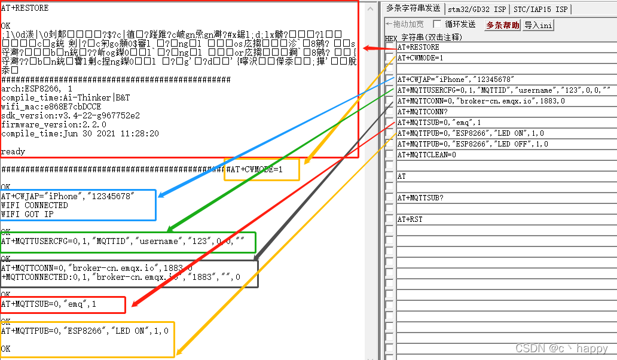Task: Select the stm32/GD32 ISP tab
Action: tap(477, 9)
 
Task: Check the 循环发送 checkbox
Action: tap(437, 25)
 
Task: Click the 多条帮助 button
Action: tap(502, 25)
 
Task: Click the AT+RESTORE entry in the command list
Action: tap(419, 47)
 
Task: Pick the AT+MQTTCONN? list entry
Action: tap(423, 112)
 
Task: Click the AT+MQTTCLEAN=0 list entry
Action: tap(427, 155)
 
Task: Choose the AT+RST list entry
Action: tap(410, 219)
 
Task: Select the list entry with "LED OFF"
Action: tap(472, 144)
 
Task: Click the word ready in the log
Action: tap(13, 152)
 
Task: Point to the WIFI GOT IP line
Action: tap(28, 214)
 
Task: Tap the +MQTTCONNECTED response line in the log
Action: tap(120, 277)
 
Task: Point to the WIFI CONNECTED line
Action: tap(35, 205)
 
